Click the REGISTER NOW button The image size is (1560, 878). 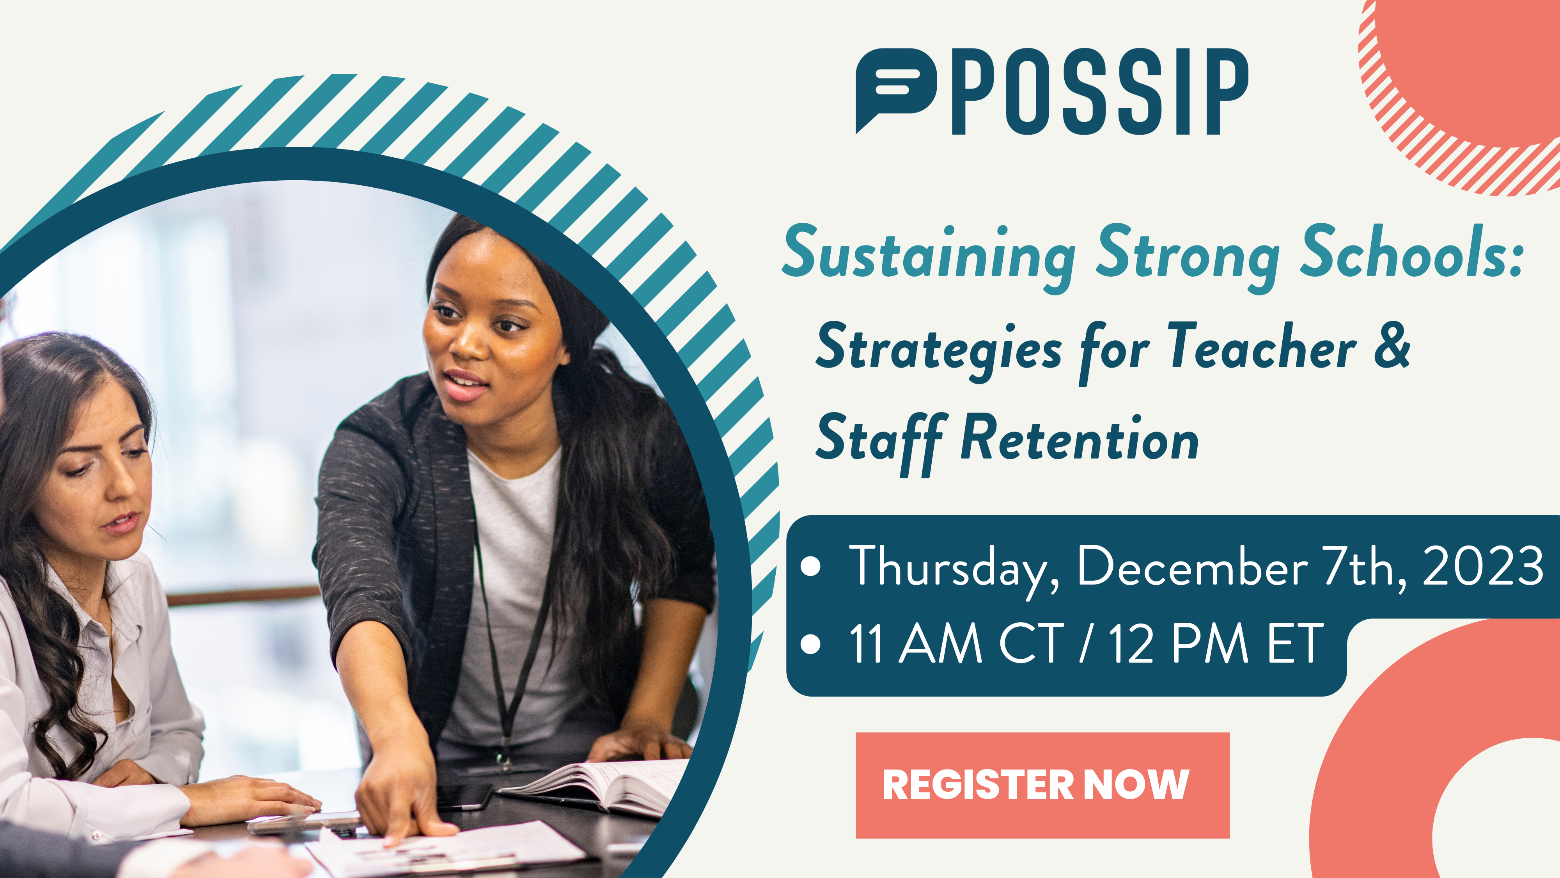tap(1042, 785)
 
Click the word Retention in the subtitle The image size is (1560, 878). tap(1080, 437)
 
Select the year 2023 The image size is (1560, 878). tap(1482, 566)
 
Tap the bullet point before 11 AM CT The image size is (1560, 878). tap(810, 644)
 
